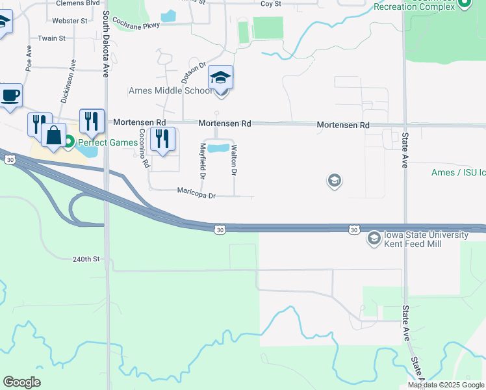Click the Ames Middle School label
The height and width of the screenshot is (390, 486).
pyautogui.click(x=170, y=90)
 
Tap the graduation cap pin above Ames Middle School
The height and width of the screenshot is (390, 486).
pyautogui.click(x=221, y=79)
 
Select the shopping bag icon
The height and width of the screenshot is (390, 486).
pyautogui.click(x=53, y=136)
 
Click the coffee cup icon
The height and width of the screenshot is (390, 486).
pyautogui.click(x=10, y=96)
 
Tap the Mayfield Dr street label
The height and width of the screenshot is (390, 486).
pyautogui.click(x=202, y=161)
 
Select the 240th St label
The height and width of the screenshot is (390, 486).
pyautogui.click(x=87, y=259)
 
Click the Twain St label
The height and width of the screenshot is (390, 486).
pyautogui.click(x=52, y=38)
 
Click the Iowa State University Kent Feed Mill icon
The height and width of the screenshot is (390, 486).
pyautogui.click(x=374, y=239)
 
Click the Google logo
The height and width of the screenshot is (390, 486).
pyautogui.click(x=21, y=382)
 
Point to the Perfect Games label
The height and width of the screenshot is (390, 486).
pyautogui.click(x=103, y=142)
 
